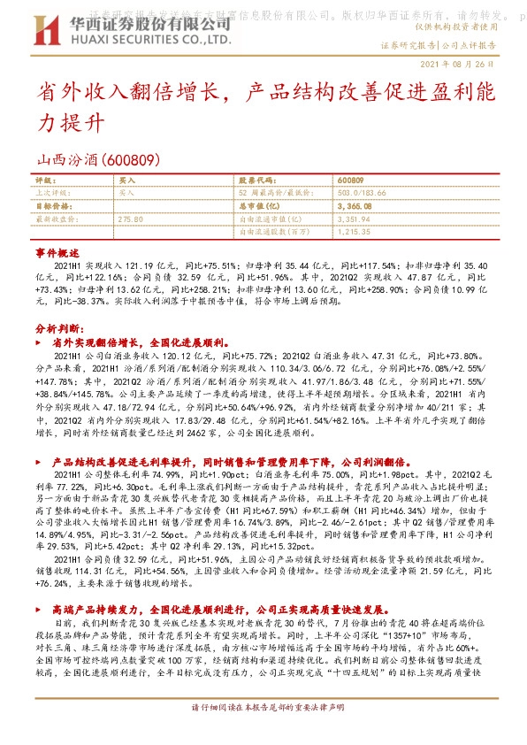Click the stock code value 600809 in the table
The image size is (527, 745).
coord(350,180)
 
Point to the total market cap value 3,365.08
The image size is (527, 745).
coord(355,205)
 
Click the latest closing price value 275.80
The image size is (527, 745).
coord(130,219)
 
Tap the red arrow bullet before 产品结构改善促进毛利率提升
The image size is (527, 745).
coord(43,462)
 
